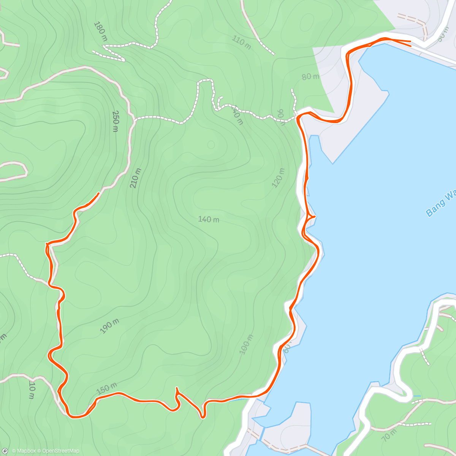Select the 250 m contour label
coord(116,121)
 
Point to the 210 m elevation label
coord(135,178)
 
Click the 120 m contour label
coord(278,178)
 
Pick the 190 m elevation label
coord(109,326)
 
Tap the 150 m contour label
coord(106,388)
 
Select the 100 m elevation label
coord(247,344)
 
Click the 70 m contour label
coord(390,434)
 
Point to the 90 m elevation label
coord(281,116)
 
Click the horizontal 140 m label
coord(208,219)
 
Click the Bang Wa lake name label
coord(441,204)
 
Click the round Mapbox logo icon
coord(5,451)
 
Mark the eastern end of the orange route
coord(411,43)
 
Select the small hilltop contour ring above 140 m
coord(211,145)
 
